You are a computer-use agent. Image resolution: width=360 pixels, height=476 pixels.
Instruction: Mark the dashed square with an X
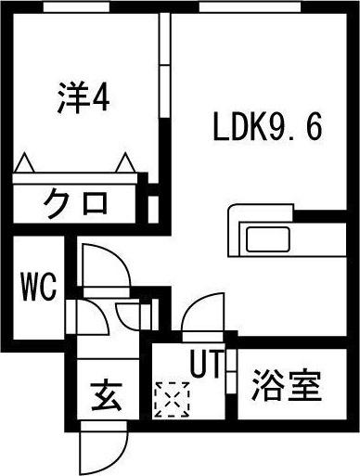[x=172, y=400]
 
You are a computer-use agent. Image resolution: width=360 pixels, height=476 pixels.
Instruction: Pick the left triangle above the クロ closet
[x=25, y=162]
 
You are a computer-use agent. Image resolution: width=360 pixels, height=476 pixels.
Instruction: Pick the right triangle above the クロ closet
[x=124, y=162]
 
